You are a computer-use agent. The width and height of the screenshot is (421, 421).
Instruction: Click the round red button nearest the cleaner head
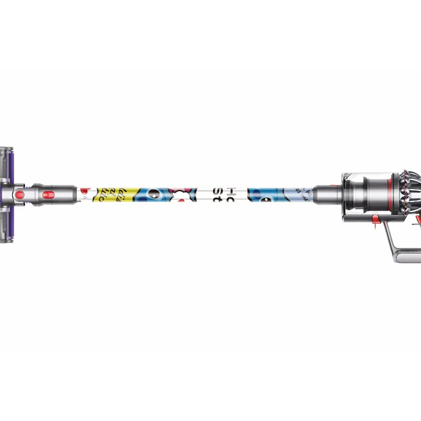click(x=20, y=195)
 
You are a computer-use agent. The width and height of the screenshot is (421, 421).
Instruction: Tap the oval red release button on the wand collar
click(x=48, y=195)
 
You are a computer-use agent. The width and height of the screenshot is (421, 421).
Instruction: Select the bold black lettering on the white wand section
click(x=224, y=195)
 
